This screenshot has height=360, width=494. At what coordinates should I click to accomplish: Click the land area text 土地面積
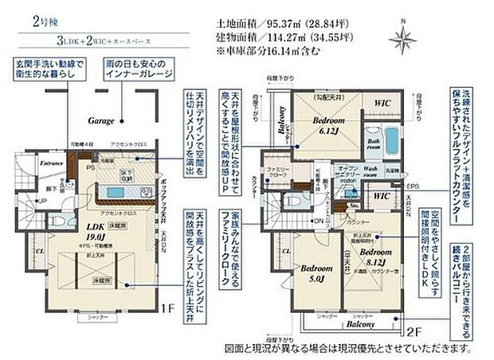pyautogui.click(x=237, y=25)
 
